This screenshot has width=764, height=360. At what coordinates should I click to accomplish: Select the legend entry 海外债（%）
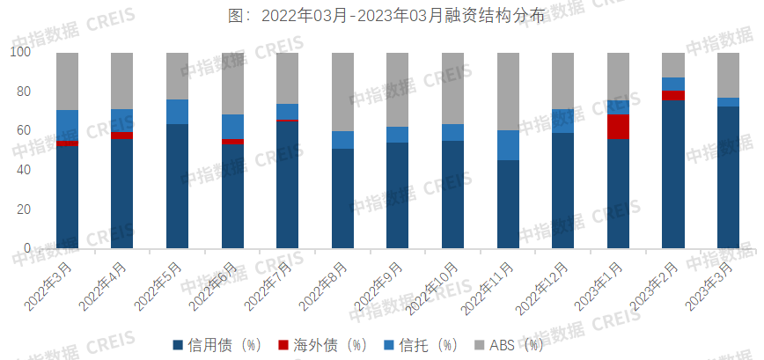(x=322, y=344)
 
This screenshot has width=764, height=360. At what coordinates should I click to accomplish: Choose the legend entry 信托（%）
(x=418, y=344)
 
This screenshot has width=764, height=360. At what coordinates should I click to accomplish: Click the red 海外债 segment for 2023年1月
(x=618, y=127)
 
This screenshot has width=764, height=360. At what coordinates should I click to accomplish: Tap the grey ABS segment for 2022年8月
(x=342, y=92)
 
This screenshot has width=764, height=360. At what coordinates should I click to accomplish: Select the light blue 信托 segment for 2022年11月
(x=508, y=145)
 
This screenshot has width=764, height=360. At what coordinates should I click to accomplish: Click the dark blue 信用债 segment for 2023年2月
(x=673, y=174)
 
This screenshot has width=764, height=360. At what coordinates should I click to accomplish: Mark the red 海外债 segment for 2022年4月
(x=122, y=136)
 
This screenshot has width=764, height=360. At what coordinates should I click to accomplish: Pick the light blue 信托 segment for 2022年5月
(x=177, y=112)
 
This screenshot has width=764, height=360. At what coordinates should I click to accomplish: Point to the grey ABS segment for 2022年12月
(x=563, y=81)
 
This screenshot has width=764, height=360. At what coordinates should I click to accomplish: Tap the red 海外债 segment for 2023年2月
(x=673, y=95)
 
